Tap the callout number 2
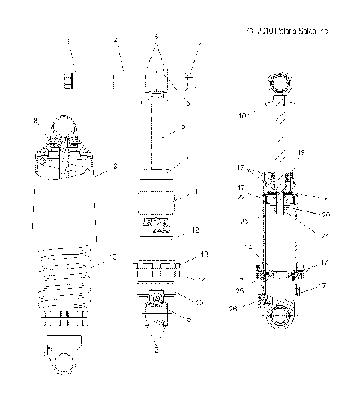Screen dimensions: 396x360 115,38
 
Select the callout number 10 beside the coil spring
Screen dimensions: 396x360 112,257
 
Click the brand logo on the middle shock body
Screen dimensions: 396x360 156,223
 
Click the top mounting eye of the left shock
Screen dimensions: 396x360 64,124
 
